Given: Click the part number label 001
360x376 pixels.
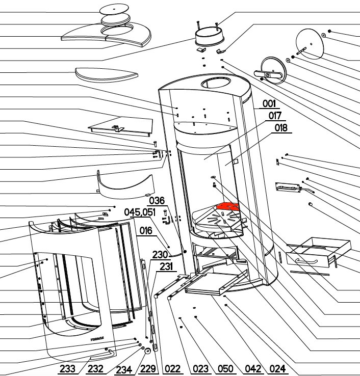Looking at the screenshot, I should pyautogui.click(x=269, y=104).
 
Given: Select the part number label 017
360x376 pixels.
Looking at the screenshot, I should pyautogui.click(x=275, y=116).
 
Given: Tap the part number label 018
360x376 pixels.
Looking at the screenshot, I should pyautogui.click(x=281, y=128).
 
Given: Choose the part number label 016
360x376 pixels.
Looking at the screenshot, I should pyautogui.click(x=146, y=231).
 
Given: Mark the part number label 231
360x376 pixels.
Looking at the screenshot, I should pyautogui.click(x=166, y=265).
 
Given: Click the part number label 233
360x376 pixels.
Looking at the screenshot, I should pyautogui.click(x=67, y=369).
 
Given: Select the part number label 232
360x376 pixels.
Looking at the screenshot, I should pyautogui.click(x=96, y=369).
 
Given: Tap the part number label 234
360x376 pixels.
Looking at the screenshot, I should pyautogui.click(x=124, y=369).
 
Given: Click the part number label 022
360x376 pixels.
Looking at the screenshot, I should pyautogui.click(x=173, y=369).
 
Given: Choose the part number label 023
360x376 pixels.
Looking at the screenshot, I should pyautogui.click(x=201, y=369).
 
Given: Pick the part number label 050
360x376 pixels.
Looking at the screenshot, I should pyautogui.click(x=225, y=369).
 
